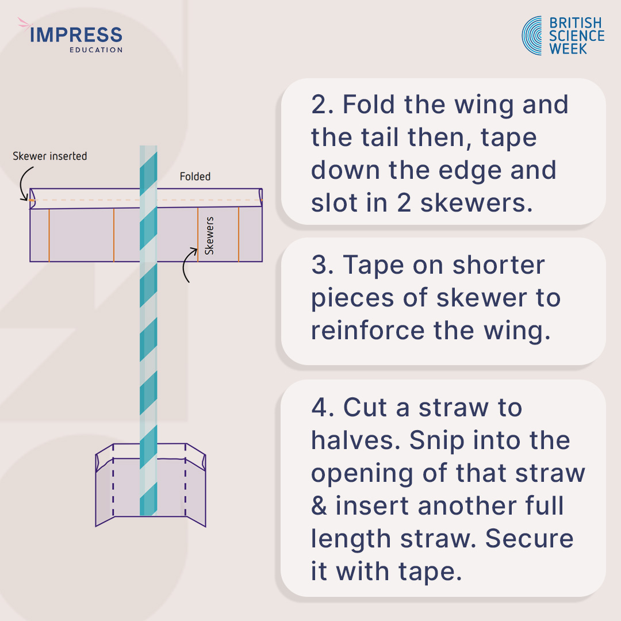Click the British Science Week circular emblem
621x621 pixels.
coord(532,36)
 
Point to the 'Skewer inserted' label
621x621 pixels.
coord(50,156)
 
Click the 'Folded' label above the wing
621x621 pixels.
coord(195,177)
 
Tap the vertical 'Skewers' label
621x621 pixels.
coord(209,236)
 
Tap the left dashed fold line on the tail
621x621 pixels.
coord(113,480)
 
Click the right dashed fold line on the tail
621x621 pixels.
coord(185,480)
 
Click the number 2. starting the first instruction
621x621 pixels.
coord(323,105)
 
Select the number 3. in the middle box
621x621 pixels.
coord(323,266)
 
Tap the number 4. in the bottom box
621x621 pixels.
coord(323,408)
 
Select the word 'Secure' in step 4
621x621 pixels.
coord(529,539)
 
